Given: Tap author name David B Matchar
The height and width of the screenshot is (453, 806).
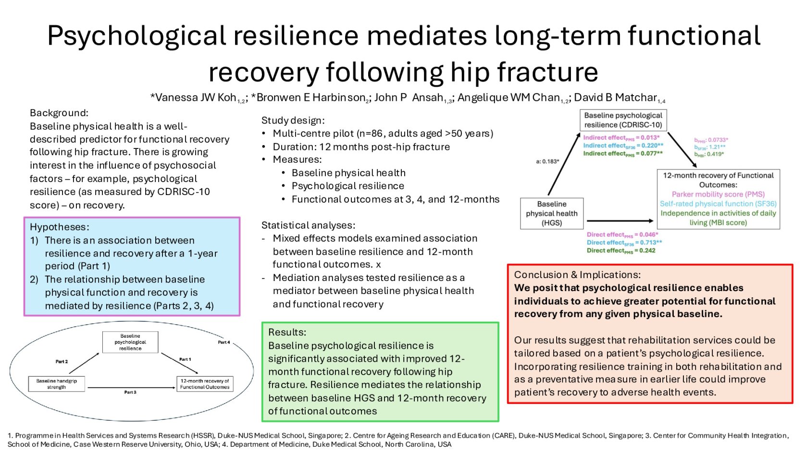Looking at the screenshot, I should click(615, 98).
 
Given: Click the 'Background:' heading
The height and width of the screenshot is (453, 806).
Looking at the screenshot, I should click(59, 113).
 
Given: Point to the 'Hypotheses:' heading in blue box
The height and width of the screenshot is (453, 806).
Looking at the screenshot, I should click(60, 227).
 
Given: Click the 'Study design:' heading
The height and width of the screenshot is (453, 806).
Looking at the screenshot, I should click(293, 120).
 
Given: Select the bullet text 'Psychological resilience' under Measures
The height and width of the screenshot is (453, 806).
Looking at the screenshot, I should click(347, 186).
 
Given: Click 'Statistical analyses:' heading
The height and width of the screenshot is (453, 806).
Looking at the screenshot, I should click(308, 225).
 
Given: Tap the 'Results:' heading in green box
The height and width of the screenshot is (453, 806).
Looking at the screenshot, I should click(287, 332).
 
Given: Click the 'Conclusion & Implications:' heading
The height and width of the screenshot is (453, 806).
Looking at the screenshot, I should click(577, 275).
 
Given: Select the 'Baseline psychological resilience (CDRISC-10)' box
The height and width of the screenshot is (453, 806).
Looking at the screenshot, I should click(623, 120).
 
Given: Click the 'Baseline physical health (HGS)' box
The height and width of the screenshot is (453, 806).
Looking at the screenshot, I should click(552, 213).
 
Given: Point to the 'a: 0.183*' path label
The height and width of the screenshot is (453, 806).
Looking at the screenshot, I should click(547, 161).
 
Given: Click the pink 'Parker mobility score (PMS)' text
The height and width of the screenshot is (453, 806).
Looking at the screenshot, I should click(718, 194).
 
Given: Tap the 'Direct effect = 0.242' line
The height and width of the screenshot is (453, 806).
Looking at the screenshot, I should click(621, 250).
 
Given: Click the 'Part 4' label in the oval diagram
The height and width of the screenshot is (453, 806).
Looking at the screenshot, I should click(223, 343).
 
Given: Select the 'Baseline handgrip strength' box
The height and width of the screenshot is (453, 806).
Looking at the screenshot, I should click(57, 383).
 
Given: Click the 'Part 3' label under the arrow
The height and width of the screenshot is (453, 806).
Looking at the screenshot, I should click(130, 392).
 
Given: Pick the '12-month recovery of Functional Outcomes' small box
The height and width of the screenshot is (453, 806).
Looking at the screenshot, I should click(205, 383).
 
